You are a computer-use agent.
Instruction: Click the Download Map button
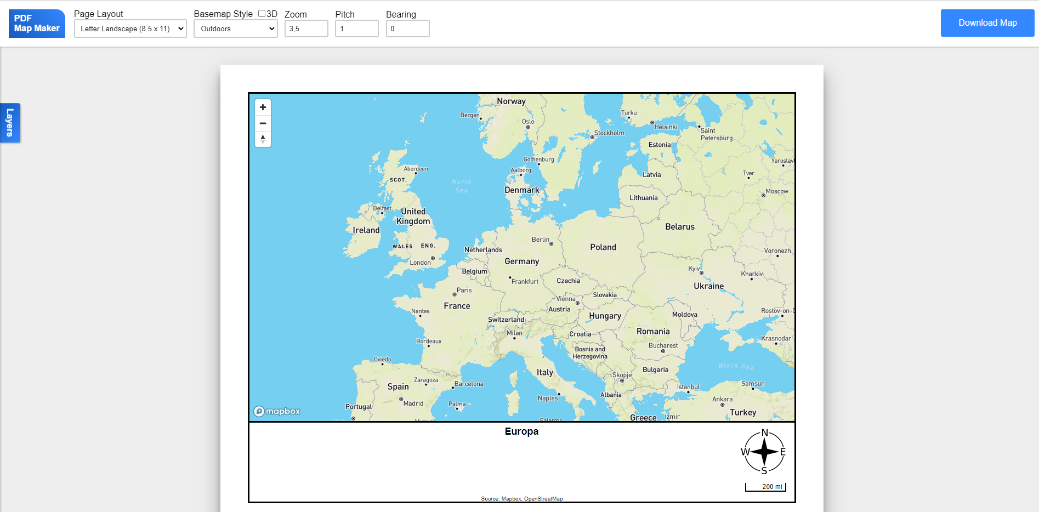coord(987,23)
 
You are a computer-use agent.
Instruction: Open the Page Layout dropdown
coord(130,29)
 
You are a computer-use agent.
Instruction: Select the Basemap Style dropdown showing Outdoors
coord(236,29)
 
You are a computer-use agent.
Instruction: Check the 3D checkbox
coord(262,14)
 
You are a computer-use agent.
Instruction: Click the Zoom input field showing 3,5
coord(306,29)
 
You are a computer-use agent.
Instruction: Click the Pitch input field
coord(356,29)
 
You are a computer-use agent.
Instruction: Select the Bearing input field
coord(407,29)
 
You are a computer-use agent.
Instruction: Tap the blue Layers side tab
coord(10,123)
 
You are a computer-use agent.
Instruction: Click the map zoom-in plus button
coord(263,107)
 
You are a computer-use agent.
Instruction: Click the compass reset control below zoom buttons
coord(263,139)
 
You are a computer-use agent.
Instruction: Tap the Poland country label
coord(603,247)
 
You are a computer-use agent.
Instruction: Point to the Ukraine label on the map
coord(708,286)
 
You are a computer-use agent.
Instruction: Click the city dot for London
coord(433,258)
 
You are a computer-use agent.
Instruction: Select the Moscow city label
coord(776,191)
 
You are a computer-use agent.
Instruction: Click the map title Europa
coord(521,431)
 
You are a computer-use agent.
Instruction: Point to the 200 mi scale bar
coord(765,487)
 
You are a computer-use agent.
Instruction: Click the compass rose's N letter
coord(765,433)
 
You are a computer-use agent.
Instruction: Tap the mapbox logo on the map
coord(277,411)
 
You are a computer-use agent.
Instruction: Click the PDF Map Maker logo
coord(37,24)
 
